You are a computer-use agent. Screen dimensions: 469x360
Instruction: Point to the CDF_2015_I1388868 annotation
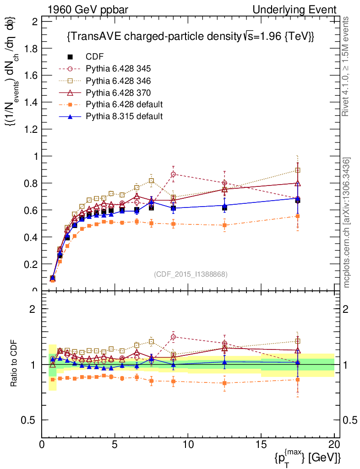(191, 274)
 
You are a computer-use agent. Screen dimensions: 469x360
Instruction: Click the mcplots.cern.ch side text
(347, 223)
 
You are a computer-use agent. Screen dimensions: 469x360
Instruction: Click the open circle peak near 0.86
(173, 174)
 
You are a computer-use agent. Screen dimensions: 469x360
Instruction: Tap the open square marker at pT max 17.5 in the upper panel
(298, 170)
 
